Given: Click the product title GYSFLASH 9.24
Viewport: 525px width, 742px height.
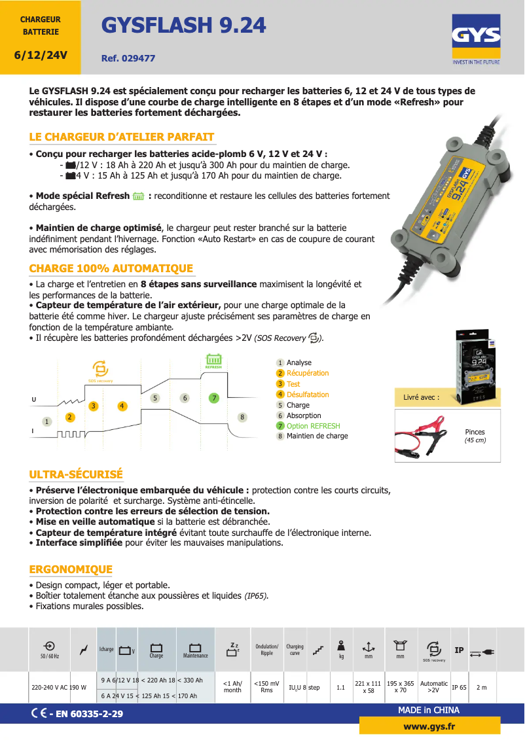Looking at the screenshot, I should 183,26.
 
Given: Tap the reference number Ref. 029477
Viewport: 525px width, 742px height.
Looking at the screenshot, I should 128,58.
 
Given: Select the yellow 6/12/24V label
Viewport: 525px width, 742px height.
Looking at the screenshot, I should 41,55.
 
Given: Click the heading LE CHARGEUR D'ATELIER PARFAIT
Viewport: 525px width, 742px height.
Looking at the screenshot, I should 122,137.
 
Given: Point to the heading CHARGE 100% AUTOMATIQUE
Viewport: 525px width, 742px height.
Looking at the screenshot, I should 111,268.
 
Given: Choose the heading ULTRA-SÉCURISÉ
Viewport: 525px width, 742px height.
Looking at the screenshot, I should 76,474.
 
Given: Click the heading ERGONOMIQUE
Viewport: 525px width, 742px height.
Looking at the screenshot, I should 71,569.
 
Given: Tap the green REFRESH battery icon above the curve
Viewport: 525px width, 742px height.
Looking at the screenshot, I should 213,361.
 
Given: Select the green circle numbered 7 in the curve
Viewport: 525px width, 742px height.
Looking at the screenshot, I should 213,398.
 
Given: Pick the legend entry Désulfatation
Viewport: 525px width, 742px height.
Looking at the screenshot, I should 302,395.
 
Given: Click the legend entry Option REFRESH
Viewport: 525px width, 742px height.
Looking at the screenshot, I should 308,426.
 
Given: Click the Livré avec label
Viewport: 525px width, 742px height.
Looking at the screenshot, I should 422,397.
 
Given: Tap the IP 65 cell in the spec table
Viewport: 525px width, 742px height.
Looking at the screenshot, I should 459,688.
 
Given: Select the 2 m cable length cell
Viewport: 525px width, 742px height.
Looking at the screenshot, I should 482,688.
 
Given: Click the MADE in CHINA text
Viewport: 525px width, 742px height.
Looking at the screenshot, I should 429,710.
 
